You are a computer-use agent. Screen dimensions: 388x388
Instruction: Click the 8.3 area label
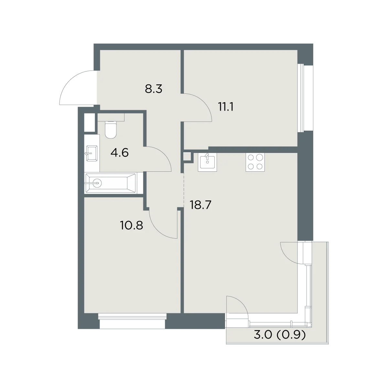pyautogui.click(x=154, y=89)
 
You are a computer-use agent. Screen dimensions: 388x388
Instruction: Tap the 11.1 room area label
pyautogui.click(x=226, y=107)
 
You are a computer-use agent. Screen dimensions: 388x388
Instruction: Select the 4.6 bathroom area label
pyautogui.click(x=119, y=153)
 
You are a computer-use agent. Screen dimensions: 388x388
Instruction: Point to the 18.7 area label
pyautogui.click(x=200, y=205)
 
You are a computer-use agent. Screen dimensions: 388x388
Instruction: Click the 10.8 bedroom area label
pyautogui.click(x=131, y=225)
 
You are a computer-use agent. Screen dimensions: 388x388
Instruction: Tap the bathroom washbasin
pyautogui.click(x=92, y=153)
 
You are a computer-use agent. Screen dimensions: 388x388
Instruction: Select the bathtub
pyautogui.click(x=111, y=183)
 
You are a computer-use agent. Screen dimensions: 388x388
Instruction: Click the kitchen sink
pyautogui.click(x=207, y=162)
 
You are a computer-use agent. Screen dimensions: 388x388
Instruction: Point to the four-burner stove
pyautogui.click(x=255, y=162)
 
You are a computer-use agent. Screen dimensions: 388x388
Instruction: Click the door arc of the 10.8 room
pyautogui.click(x=156, y=230)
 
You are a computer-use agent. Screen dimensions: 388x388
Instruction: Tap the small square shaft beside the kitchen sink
pyautogui.click(x=187, y=156)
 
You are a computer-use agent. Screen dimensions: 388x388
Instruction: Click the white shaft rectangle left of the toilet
pyautogui.click(x=89, y=123)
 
